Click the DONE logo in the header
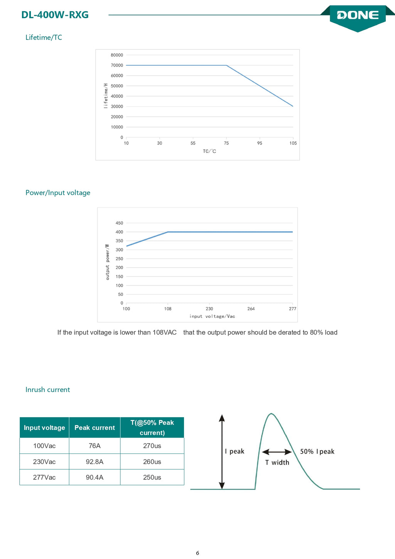pyautogui.click(x=358, y=15)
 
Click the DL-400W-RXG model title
pyautogui.click(x=55, y=15)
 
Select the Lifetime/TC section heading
pyautogui.click(x=44, y=37)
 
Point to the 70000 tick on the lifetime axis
pyautogui.click(x=117, y=65)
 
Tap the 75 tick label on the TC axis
pyautogui.click(x=226, y=143)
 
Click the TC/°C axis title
pyautogui.click(x=209, y=151)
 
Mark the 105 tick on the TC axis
pyautogui.click(x=293, y=143)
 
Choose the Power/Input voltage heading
pyautogui.click(x=58, y=193)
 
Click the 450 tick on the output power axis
pyautogui.click(x=119, y=223)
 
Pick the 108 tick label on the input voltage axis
pyautogui.click(x=168, y=309)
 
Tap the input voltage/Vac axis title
pyautogui.click(x=212, y=316)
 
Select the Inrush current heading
pyautogui.click(x=47, y=389)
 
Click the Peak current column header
pyautogui.click(x=95, y=428)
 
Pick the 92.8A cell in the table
pyautogui.click(x=95, y=462)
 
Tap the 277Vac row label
pyautogui.click(x=44, y=477)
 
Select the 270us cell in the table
pyautogui.click(x=152, y=446)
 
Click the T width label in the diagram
pyautogui.click(x=277, y=462)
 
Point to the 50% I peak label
pyautogui.click(x=317, y=452)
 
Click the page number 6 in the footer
pyautogui.click(x=197, y=553)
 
